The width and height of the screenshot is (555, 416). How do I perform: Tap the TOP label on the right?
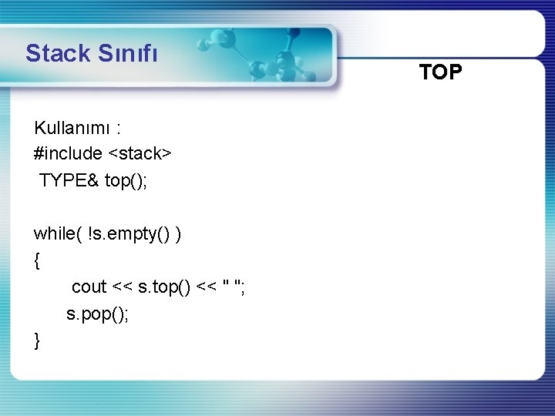[441, 72]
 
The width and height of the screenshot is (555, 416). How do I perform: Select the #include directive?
[68, 153]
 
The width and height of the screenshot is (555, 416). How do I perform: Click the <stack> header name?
[140, 153]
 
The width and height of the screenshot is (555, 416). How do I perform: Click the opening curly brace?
[37, 260]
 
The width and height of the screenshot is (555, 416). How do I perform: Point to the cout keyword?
[89, 287]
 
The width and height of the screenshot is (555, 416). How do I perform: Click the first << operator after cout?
[122, 287]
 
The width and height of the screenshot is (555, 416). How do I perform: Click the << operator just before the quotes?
[207, 287]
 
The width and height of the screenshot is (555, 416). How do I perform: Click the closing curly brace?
[37, 340]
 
